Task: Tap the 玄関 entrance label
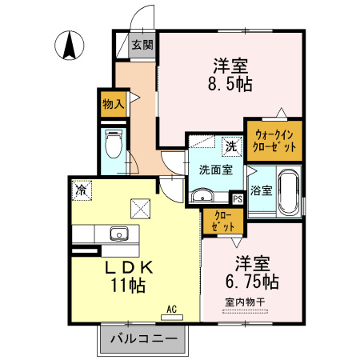coord(142,46)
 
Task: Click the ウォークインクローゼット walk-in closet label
coord(275,141)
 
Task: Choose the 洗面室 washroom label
coord(215,170)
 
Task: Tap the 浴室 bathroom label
coord(260,191)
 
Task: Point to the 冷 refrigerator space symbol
coord(81,190)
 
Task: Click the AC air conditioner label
coord(170,308)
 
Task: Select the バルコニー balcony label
coord(142,338)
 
